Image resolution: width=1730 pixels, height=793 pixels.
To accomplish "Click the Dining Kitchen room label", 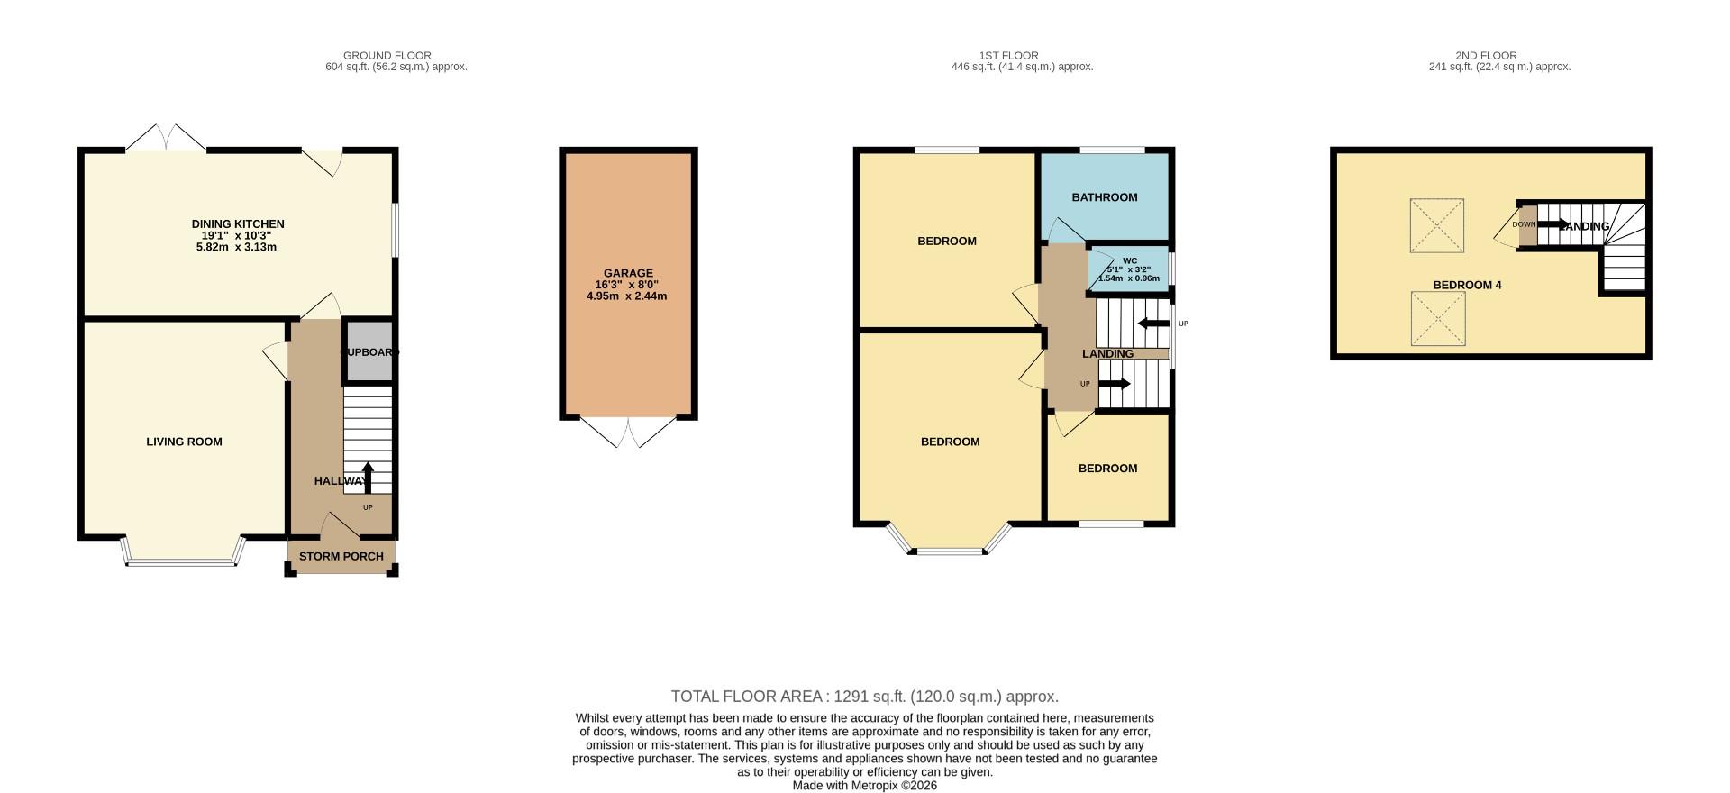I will point(238,224).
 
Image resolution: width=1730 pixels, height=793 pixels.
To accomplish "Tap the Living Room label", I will point(184,442).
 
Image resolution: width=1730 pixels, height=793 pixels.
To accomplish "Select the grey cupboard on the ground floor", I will point(369,351).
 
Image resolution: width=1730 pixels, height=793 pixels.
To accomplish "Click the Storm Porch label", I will point(341,557).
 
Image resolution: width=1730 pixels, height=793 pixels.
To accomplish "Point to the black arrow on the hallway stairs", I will point(368,477).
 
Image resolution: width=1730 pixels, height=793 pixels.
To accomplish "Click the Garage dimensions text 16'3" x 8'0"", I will point(627,285).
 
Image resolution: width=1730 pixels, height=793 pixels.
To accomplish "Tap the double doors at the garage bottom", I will point(628,433).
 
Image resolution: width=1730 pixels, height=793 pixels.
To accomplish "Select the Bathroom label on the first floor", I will point(1104,197).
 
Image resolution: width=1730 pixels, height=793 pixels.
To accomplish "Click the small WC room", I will point(1128,269).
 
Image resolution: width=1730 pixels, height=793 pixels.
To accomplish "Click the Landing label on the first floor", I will point(1107,354).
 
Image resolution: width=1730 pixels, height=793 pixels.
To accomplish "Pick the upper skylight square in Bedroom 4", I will point(1436,225).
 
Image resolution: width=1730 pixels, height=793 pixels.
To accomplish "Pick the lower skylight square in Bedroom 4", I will point(1436,318).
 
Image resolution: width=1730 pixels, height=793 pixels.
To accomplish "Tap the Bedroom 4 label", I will point(1467,286).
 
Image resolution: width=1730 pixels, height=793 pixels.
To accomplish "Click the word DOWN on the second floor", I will point(1524,224).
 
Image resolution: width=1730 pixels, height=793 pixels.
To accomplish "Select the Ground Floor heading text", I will point(387,56).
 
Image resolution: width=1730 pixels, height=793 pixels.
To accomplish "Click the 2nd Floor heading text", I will point(1486,56).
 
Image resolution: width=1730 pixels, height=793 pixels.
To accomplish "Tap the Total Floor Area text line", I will point(864,697).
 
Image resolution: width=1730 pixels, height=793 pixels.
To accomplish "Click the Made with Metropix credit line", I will point(864,786).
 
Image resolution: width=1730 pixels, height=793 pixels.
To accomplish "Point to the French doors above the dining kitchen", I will point(165,138).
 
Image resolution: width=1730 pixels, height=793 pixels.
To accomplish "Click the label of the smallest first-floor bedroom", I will point(1107,469).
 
